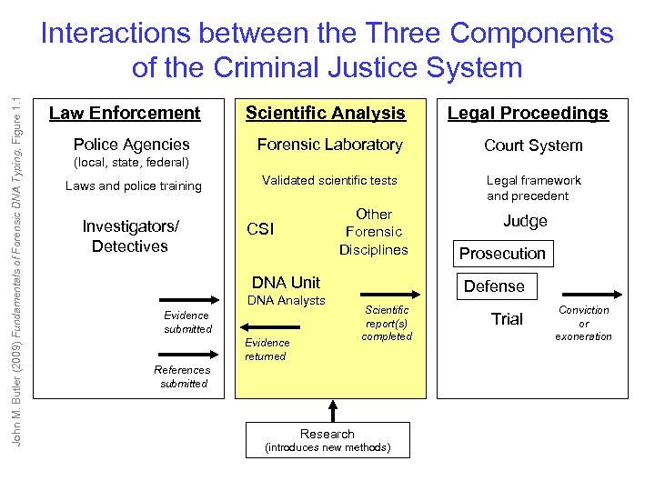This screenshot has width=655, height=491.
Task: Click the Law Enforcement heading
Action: pyautogui.click(x=125, y=114)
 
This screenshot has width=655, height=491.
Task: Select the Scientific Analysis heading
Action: pyautogui.click(x=326, y=114)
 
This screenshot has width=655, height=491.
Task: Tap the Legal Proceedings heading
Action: pyautogui.click(x=527, y=114)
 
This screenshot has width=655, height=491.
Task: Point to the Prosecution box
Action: pyautogui.click(x=502, y=254)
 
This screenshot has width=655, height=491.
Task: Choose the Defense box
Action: pyautogui.click(x=494, y=286)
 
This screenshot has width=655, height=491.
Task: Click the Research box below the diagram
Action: pyautogui.click(x=327, y=440)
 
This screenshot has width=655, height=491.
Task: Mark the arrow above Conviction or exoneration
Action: pyautogui.click(x=591, y=294)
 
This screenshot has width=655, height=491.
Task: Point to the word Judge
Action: pyautogui.click(x=525, y=221)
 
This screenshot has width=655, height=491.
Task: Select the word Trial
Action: pyautogui.click(x=507, y=319)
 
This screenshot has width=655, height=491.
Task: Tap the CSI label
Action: pyautogui.click(x=260, y=230)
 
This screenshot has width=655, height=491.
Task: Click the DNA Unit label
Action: pyautogui.click(x=286, y=282)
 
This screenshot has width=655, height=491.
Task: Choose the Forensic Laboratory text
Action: pyautogui.click(x=329, y=145)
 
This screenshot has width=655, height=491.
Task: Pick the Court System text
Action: pyautogui.click(x=533, y=145)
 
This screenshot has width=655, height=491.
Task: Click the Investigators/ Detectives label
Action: pyautogui.click(x=130, y=235)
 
